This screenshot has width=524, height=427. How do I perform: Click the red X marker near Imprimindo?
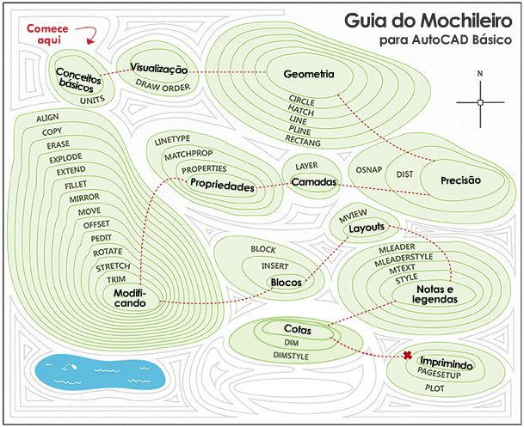407,356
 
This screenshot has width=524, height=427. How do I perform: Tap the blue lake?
100,373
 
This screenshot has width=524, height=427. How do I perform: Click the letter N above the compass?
480,74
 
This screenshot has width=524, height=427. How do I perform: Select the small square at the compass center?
480,102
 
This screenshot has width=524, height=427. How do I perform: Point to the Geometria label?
309,74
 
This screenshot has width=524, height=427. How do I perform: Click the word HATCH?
301,110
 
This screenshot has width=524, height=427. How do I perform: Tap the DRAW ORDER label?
163,86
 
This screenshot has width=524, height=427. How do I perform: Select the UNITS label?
93,100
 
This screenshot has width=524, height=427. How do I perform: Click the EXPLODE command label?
65,158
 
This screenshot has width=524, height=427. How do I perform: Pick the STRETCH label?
113,267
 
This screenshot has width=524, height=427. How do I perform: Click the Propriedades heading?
222,185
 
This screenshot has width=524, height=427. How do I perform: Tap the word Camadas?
314,182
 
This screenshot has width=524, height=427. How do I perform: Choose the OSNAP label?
368,170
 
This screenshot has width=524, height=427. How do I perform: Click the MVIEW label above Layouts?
353,216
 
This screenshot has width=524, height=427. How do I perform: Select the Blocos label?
286,283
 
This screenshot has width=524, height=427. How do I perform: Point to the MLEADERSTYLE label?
404,260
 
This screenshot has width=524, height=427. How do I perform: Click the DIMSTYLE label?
291,356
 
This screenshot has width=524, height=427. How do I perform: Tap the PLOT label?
435,388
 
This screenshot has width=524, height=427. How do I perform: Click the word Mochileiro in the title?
466,21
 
